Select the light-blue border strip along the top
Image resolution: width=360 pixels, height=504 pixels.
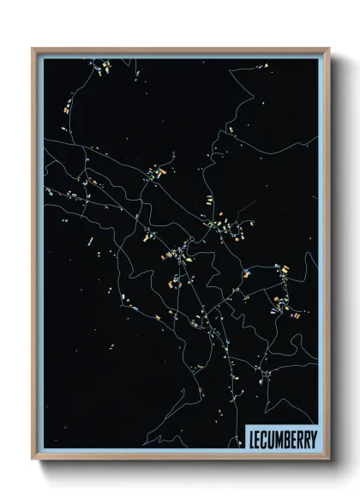tap(180, 55)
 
